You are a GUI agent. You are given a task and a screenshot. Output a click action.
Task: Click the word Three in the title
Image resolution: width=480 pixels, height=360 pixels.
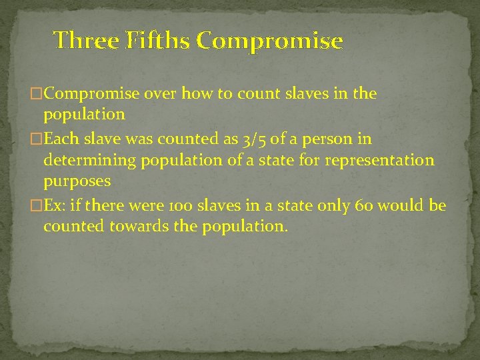pyautogui.click(x=85, y=41)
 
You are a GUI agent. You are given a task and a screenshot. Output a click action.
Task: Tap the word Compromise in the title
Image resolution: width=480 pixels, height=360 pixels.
pyautogui.click(x=270, y=41)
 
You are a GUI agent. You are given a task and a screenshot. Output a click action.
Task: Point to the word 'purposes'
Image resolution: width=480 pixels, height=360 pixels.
pyautogui.click(x=77, y=181)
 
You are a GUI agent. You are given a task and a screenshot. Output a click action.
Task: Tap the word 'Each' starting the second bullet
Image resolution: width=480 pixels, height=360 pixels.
pyautogui.click(x=60, y=139)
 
